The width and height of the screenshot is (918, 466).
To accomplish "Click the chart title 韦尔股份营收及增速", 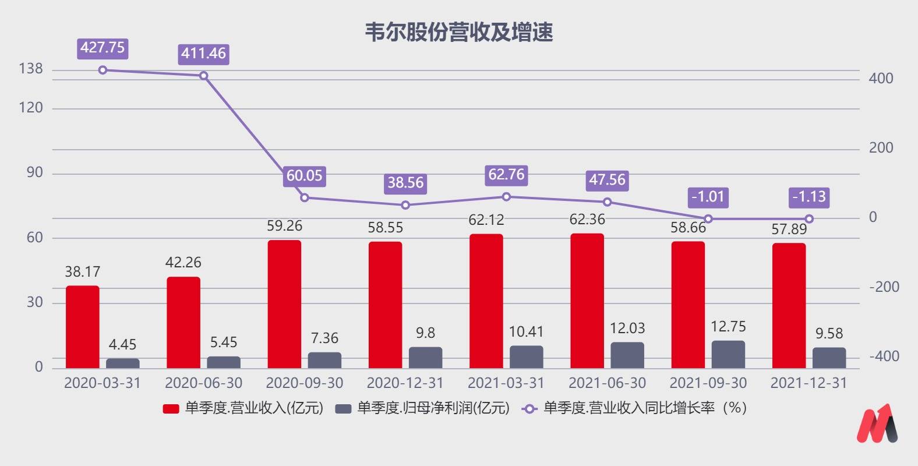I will pos(458,33).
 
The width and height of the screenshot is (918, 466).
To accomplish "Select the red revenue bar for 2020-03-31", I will pos(82,327).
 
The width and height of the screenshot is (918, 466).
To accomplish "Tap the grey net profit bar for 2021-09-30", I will pos(728,355).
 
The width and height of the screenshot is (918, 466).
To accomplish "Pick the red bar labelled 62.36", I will pos(587,301).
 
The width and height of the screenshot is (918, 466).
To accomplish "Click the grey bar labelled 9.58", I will pos(829,358).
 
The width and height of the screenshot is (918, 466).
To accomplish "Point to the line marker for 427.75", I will pos(103,70).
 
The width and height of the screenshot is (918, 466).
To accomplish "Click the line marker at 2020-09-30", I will pos(305,197).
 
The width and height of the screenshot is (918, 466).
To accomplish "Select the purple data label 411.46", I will pos(203,54).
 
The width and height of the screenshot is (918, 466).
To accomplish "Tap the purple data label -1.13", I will pos(809,197).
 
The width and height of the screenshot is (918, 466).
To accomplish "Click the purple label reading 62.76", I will pos(506,175).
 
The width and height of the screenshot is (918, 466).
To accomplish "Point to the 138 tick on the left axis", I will pos(31,69).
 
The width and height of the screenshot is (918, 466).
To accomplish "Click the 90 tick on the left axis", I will pos(35,173).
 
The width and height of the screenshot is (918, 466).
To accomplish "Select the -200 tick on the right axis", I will pos(884,287).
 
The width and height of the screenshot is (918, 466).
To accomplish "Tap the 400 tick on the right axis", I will pos(881,79).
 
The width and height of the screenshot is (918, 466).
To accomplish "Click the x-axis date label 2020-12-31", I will pos(405,383).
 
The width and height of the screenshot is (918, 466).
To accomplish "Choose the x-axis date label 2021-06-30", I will pos(607,383).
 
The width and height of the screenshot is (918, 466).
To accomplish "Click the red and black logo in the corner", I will pos(877,423).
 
